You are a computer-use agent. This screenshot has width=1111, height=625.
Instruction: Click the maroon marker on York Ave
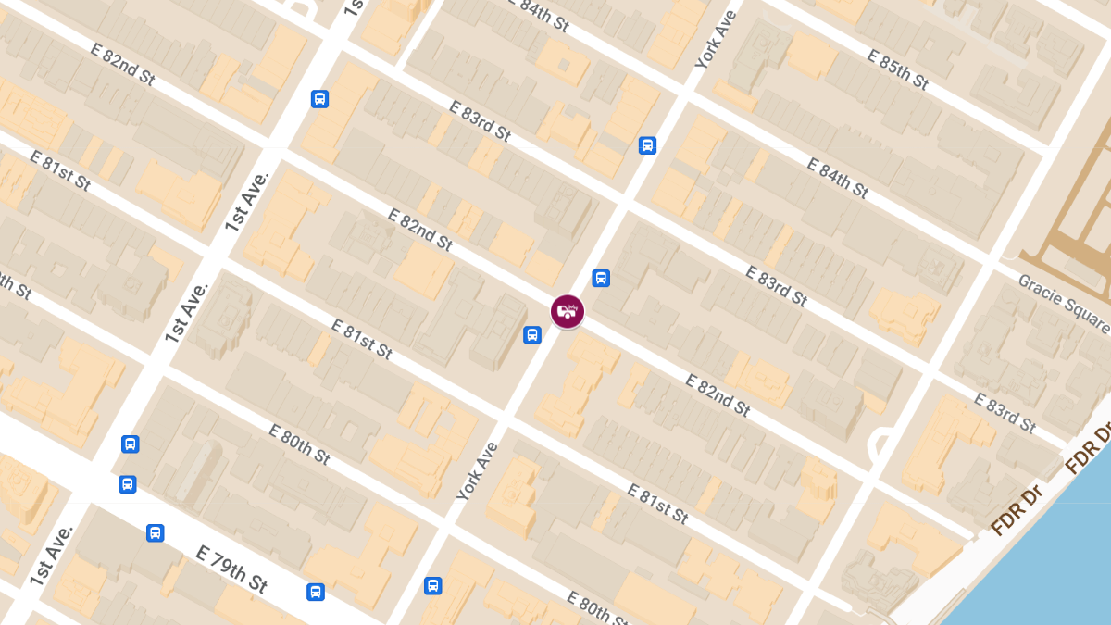point(568,311)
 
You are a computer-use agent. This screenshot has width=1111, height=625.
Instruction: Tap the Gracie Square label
point(1063,302)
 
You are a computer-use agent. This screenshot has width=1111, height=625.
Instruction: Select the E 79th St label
point(231,569)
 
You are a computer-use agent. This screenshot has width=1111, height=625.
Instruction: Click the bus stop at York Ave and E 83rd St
point(647,145)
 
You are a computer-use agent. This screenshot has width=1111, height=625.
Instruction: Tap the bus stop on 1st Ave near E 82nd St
point(319,99)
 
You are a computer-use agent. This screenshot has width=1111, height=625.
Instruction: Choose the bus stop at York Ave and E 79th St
point(432,585)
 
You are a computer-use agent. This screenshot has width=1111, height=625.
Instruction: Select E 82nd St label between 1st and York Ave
point(420,230)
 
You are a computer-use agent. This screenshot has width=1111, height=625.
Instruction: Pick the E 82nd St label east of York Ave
point(718,394)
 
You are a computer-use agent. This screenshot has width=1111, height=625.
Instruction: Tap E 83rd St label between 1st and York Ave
point(480,120)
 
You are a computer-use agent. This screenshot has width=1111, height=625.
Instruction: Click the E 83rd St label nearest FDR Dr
point(1005,413)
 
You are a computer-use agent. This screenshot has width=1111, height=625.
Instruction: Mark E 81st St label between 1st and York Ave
point(362,339)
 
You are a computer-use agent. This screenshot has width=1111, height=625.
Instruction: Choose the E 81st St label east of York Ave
point(657,504)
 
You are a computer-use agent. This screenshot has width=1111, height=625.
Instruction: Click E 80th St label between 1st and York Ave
point(299,444)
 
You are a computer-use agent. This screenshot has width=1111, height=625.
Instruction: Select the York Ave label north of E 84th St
point(716,40)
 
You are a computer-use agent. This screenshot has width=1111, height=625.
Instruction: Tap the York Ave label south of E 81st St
point(477,471)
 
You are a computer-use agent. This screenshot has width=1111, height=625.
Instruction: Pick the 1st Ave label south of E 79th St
point(51,554)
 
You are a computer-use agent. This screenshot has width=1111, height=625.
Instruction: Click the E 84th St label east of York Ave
point(837,178)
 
